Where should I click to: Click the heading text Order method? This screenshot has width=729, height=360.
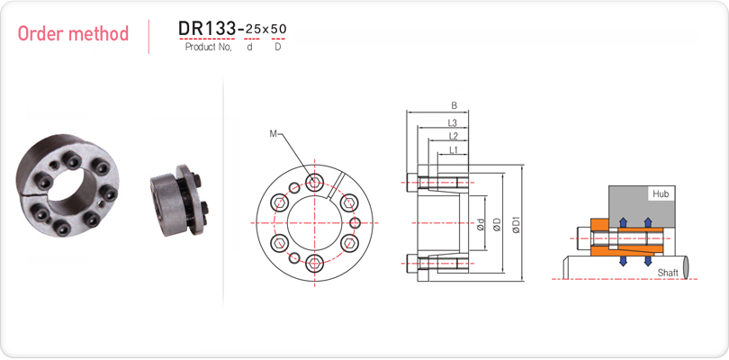73,34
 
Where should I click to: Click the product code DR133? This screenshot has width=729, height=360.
207,29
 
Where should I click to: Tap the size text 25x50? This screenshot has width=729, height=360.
265,30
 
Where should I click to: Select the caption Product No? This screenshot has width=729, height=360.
208,47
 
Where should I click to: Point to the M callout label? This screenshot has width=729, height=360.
273,134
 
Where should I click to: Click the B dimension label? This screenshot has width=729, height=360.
454,106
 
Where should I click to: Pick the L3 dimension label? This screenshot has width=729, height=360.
453,122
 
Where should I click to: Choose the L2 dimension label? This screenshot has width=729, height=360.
454,136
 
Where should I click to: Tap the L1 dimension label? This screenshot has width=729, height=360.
454,149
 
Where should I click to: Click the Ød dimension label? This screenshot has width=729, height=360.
481,225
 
